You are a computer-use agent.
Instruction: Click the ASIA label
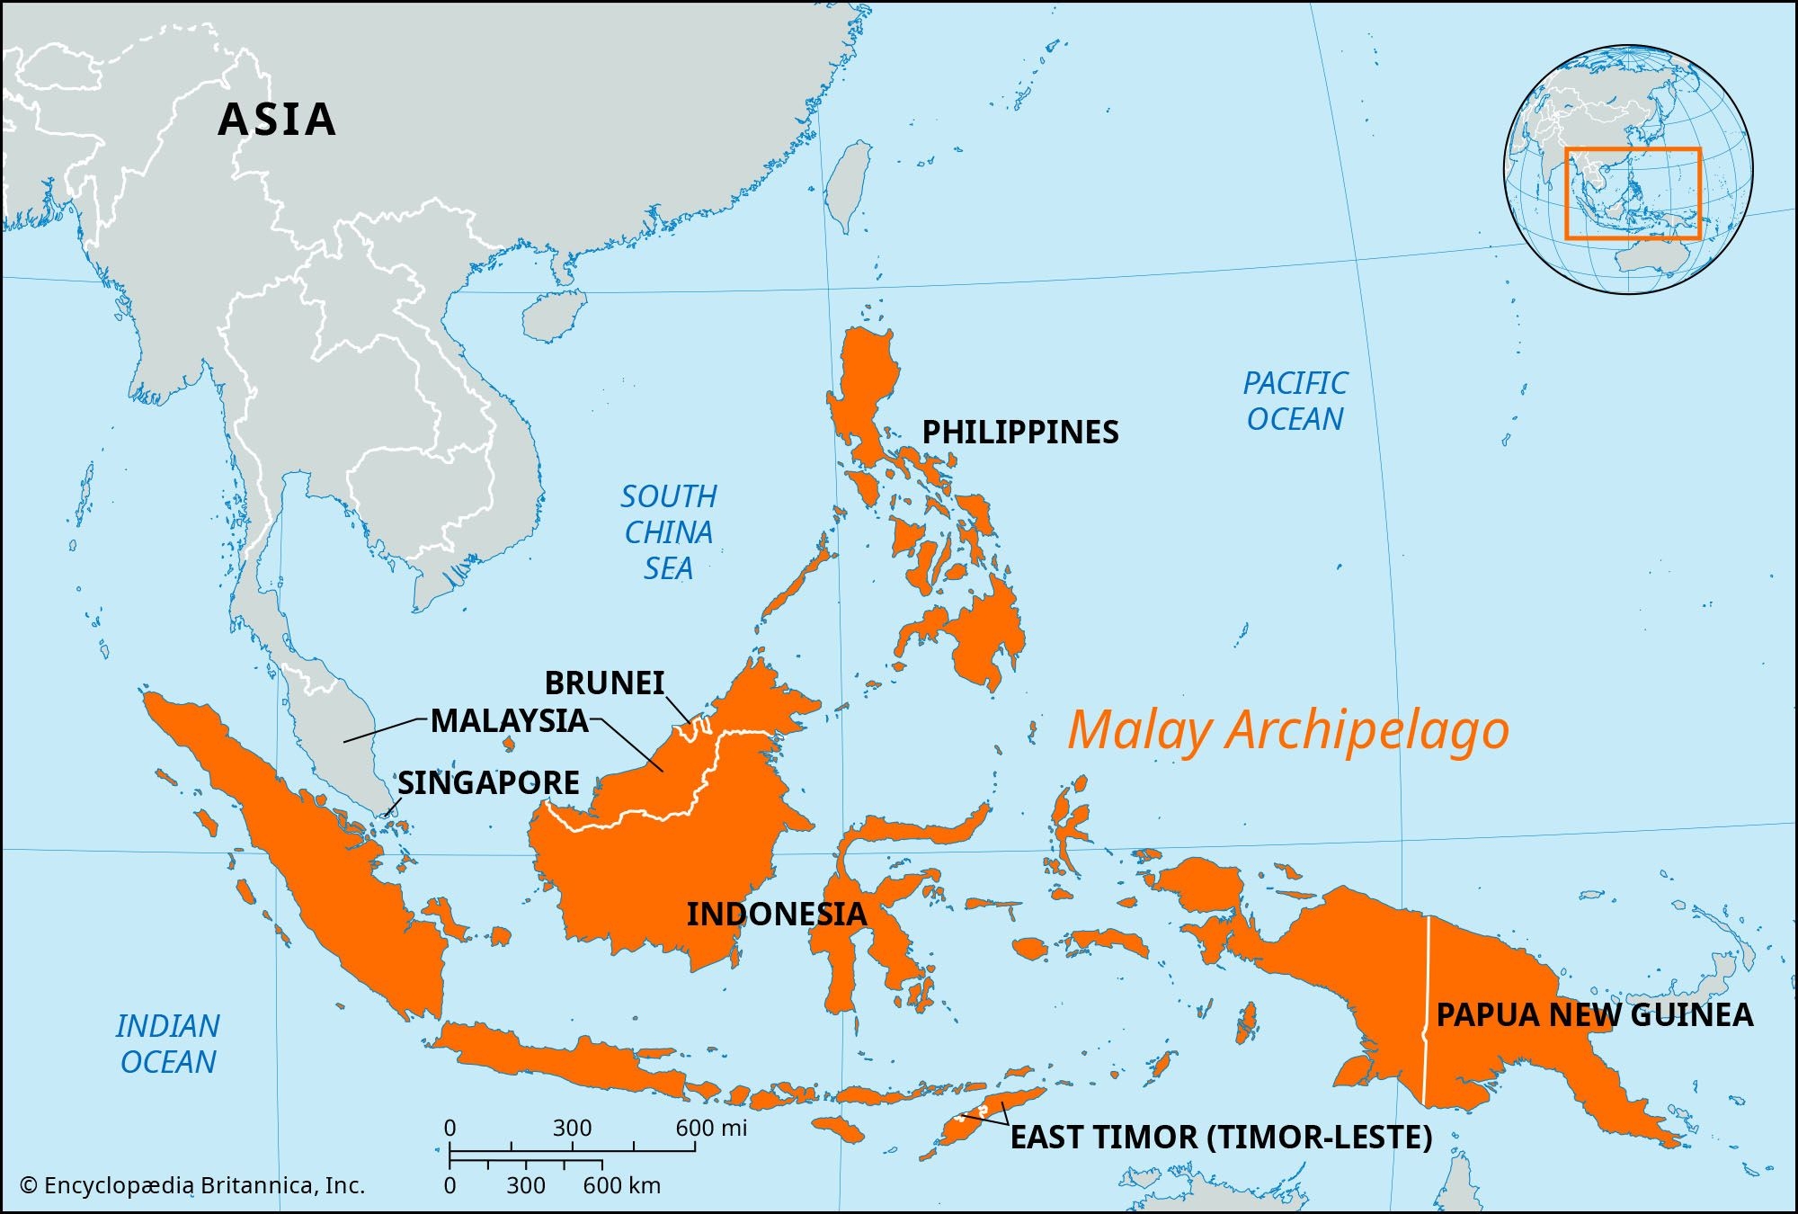click(277, 120)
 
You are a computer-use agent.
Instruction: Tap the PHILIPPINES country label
click(1020, 433)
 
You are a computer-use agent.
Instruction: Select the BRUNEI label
click(604, 683)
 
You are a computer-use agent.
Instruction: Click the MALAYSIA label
click(509, 721)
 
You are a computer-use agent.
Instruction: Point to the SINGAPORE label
click(488, 783)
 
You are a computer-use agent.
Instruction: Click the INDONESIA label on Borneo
click(776, 915)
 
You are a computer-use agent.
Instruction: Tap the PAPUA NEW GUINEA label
click(1594, 1015)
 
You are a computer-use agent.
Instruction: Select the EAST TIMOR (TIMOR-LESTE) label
click(1221, 1138)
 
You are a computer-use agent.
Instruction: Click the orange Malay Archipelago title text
click(1287, 730)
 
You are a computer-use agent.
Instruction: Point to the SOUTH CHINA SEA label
click(669, 532)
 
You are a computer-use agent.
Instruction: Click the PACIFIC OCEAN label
click(1295, 401)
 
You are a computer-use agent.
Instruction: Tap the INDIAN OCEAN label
click(168, 1044)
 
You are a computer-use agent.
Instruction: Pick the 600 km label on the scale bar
click(621, 1186)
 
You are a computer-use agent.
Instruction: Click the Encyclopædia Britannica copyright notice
click(192, 1186)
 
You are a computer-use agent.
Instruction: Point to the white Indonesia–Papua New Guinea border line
click(1427, 1007)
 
